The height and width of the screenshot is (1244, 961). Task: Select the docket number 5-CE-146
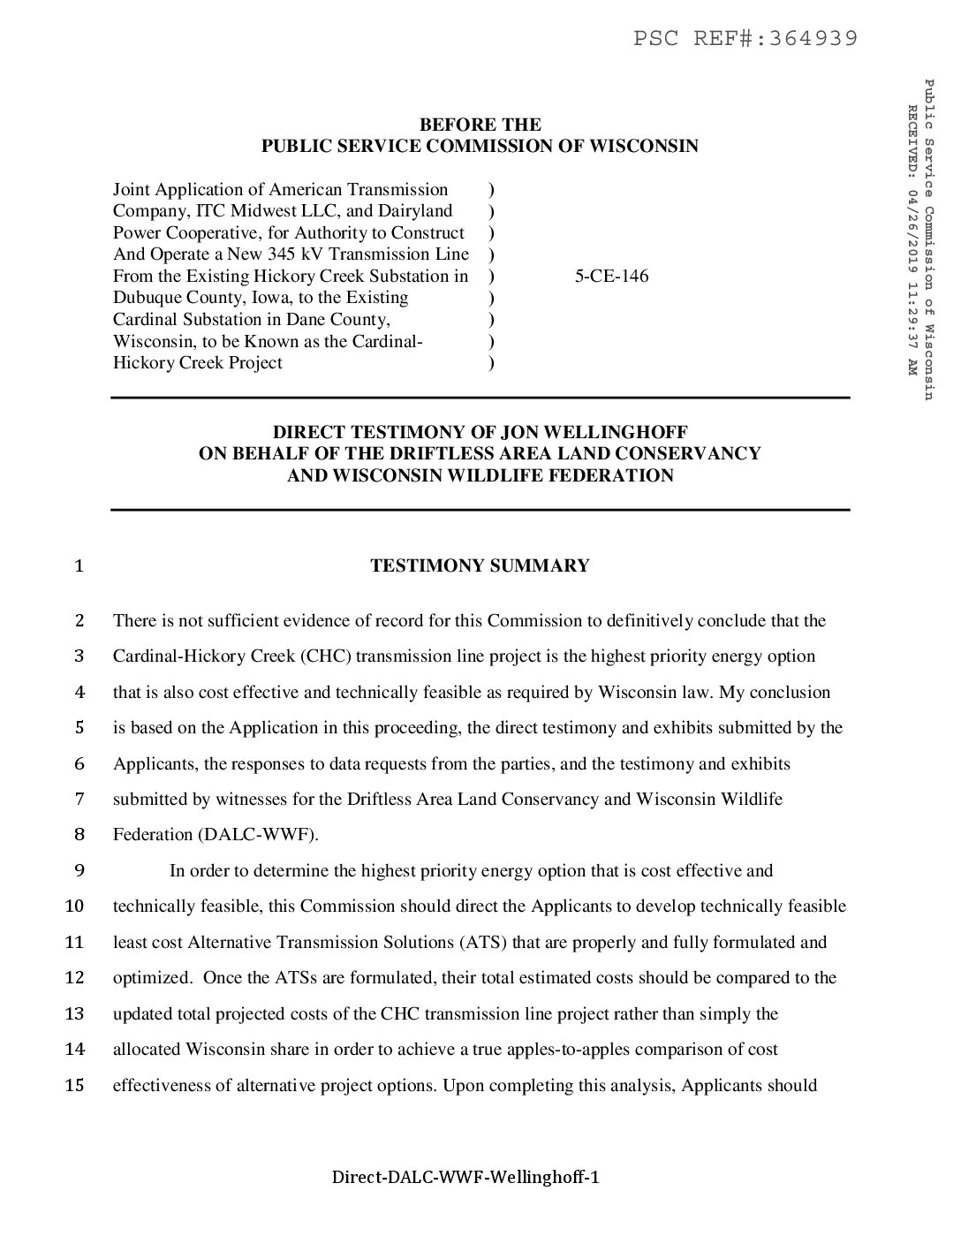point(611,276)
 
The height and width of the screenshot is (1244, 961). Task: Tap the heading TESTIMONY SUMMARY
point(480,565)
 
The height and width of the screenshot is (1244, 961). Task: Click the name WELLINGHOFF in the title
point(626,432)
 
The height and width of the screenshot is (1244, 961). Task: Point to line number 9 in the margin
point(79,870)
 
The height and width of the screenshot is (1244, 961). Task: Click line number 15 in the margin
point(75,1085)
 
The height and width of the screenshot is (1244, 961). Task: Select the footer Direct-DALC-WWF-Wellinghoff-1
point(465,1177)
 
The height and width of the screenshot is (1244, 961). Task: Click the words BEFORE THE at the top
point(480,125)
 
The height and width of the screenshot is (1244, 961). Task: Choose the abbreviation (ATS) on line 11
point(482,942)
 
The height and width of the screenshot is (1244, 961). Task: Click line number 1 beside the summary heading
point(79,566)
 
